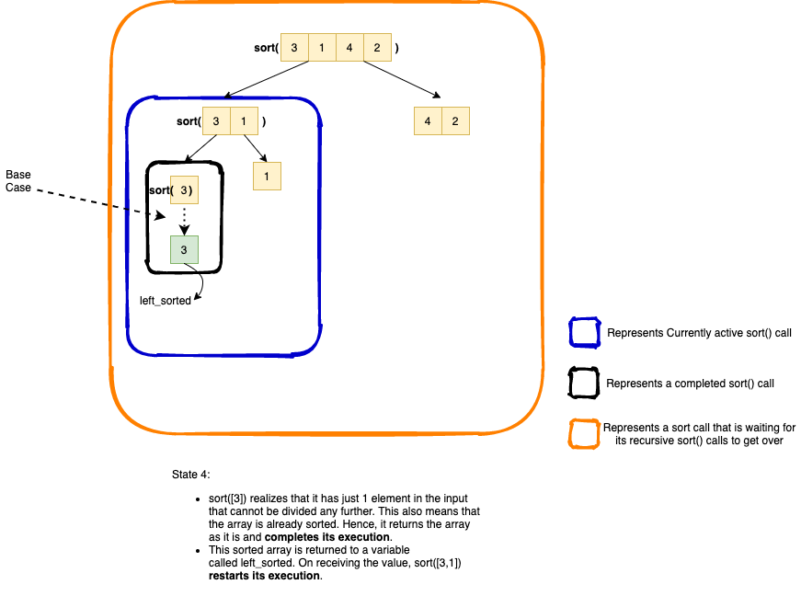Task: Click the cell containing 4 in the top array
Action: tap(350, 47)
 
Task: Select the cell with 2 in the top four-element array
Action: tap(378, 47)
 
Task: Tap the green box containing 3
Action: tap(184, 249)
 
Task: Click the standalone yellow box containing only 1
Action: tap(267, 176)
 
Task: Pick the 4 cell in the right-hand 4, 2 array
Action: tap(428, 121)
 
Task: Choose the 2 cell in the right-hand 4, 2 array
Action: tap(455, 121)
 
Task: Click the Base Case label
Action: tap(18, 181)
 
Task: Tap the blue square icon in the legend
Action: tap(583, 333)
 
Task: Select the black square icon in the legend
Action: tap(583, 383)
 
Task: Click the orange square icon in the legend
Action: tap(583, 434)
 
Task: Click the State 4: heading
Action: tap(191, 475)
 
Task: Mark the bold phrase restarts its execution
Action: tap(265, 576)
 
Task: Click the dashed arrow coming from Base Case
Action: tap(101, 203)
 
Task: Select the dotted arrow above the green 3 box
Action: tap(184, 220)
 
